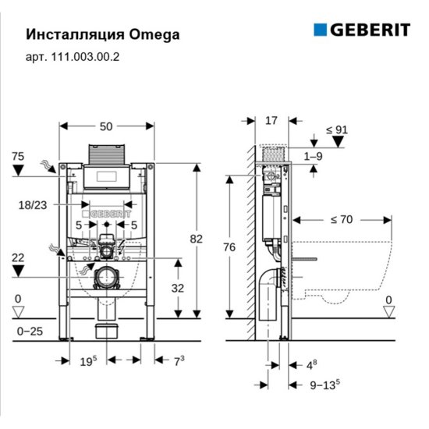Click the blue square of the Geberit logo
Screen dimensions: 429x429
[321, 30]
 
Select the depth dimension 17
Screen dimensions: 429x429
[271, 121]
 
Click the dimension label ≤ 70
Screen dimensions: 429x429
[340, 219]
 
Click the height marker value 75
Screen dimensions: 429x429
[18, 157]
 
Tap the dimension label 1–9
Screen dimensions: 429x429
[313, 157]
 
